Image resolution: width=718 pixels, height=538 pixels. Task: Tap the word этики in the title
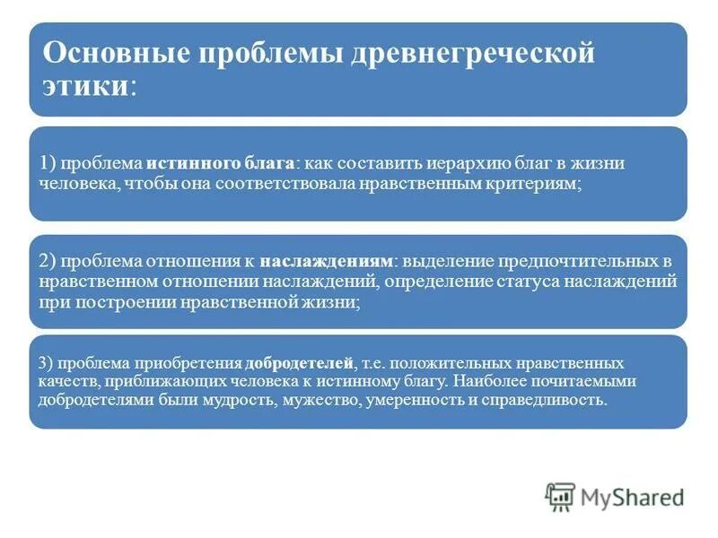click(86, 87)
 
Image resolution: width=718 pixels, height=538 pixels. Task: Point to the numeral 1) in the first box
click(48, 165)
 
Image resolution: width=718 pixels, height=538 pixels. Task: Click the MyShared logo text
click(633, 496)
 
